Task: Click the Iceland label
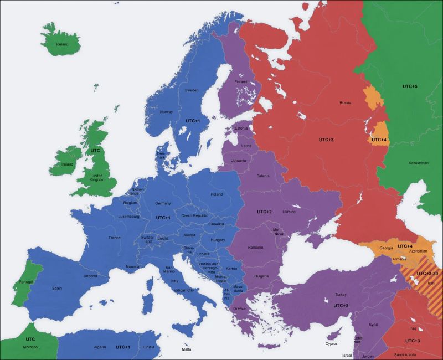[61, 44]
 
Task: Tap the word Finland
[240, 82]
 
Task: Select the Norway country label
[166, 112]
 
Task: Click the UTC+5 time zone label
[409, 86]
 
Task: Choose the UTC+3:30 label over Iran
[427, 274]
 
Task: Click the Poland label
[216, 194]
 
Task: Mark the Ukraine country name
[290, 212]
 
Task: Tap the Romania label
[256, 247]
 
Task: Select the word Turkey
[341, 295]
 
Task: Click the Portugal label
[27, 282]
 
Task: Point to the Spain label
[57, 288]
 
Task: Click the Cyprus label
[332, 343]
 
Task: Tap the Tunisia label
[148, 347]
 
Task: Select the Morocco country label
[30, 347]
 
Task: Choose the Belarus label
[263, 176]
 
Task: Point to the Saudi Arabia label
[405, 354]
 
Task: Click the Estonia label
[241, 128]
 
